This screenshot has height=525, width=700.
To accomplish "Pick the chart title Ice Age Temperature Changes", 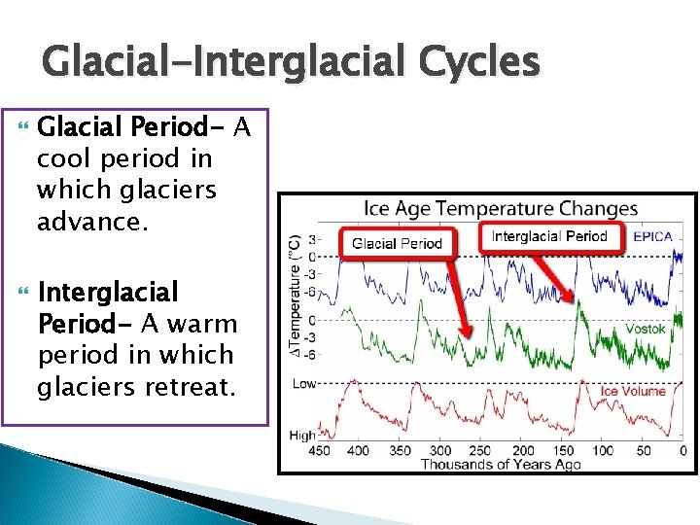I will click(500, 208).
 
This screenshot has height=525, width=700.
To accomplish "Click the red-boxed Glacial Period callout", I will click(397, 243).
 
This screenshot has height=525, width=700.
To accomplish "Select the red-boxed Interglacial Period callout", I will click(548, 236).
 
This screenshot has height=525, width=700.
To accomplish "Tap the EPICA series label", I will click(651, 236).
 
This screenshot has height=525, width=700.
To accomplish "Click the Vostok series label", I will click(645, 329).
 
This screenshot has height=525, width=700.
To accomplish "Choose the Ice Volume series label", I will click(632, 391).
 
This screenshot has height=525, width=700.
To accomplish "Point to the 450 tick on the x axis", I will click(319, 451).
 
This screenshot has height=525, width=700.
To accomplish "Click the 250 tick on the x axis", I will click(481, 451).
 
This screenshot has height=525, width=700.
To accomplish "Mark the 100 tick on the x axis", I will click(603, 451).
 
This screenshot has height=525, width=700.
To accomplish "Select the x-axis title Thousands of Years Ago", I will click(500, 465).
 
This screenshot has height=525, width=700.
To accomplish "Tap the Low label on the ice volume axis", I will click(304, 383).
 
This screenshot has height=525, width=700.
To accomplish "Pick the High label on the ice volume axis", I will click(303, 437).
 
